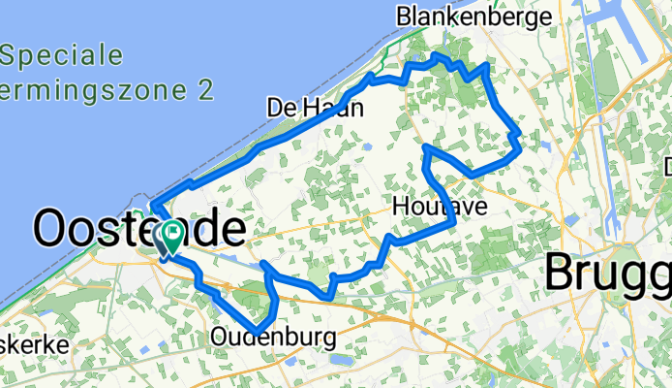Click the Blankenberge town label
pyautogui.click(x=473, y=16)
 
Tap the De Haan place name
pyautogui.click(x=315, y=108)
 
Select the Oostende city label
pyautogui.click(x=137, y=230)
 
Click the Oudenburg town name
pyautogui.click(x=273, y=338)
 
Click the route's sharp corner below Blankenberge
pyautogui.click(x=484, y=65)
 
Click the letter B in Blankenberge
pyautogui.click(x=404, y=16)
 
